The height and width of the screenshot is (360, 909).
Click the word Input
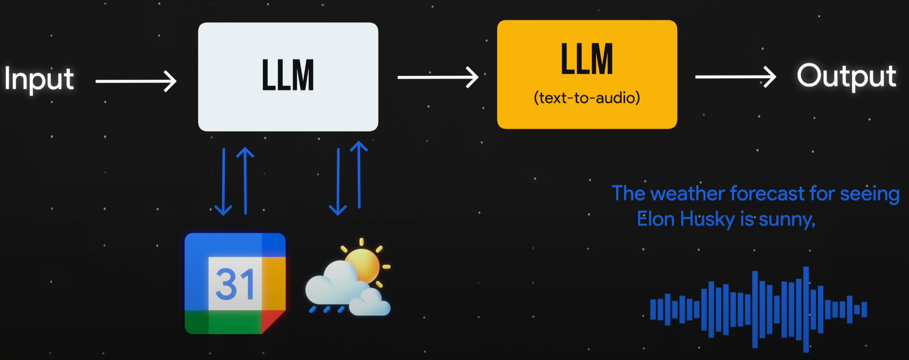[x=39, y=79]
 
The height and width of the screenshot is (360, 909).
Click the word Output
[x=846, y=76]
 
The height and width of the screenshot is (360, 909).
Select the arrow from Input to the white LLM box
[x=136, y=81]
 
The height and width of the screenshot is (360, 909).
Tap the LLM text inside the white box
[x=288, y=75]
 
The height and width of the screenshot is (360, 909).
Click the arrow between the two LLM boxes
[x=438, y=77]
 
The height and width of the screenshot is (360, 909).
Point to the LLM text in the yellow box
[x=587, y=59]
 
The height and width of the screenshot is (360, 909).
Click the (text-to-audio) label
[x=587, y=98]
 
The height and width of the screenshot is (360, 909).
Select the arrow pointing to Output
[x=735, y=77]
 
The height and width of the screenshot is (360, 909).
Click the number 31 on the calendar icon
[x=235, y=284]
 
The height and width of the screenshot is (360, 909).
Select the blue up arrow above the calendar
[x=245, y=180]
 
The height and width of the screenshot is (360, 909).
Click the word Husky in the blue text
[x=707, y=219]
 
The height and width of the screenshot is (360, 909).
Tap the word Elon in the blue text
[x=656, y=219]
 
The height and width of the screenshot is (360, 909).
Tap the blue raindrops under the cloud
[x=327, y=310]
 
